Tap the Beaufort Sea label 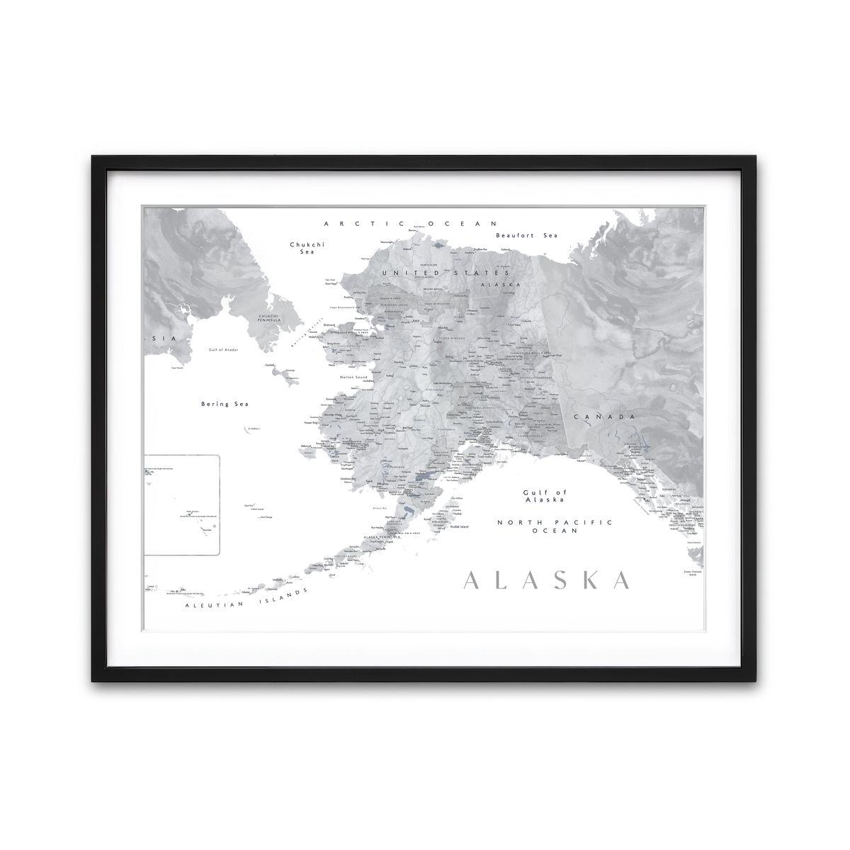click(526, 235)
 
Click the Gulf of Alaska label click(544, 496)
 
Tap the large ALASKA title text click(546, 579)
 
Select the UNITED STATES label click(446, 272)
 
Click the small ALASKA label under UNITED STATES click(500, 284)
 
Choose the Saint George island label click(266, 517)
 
